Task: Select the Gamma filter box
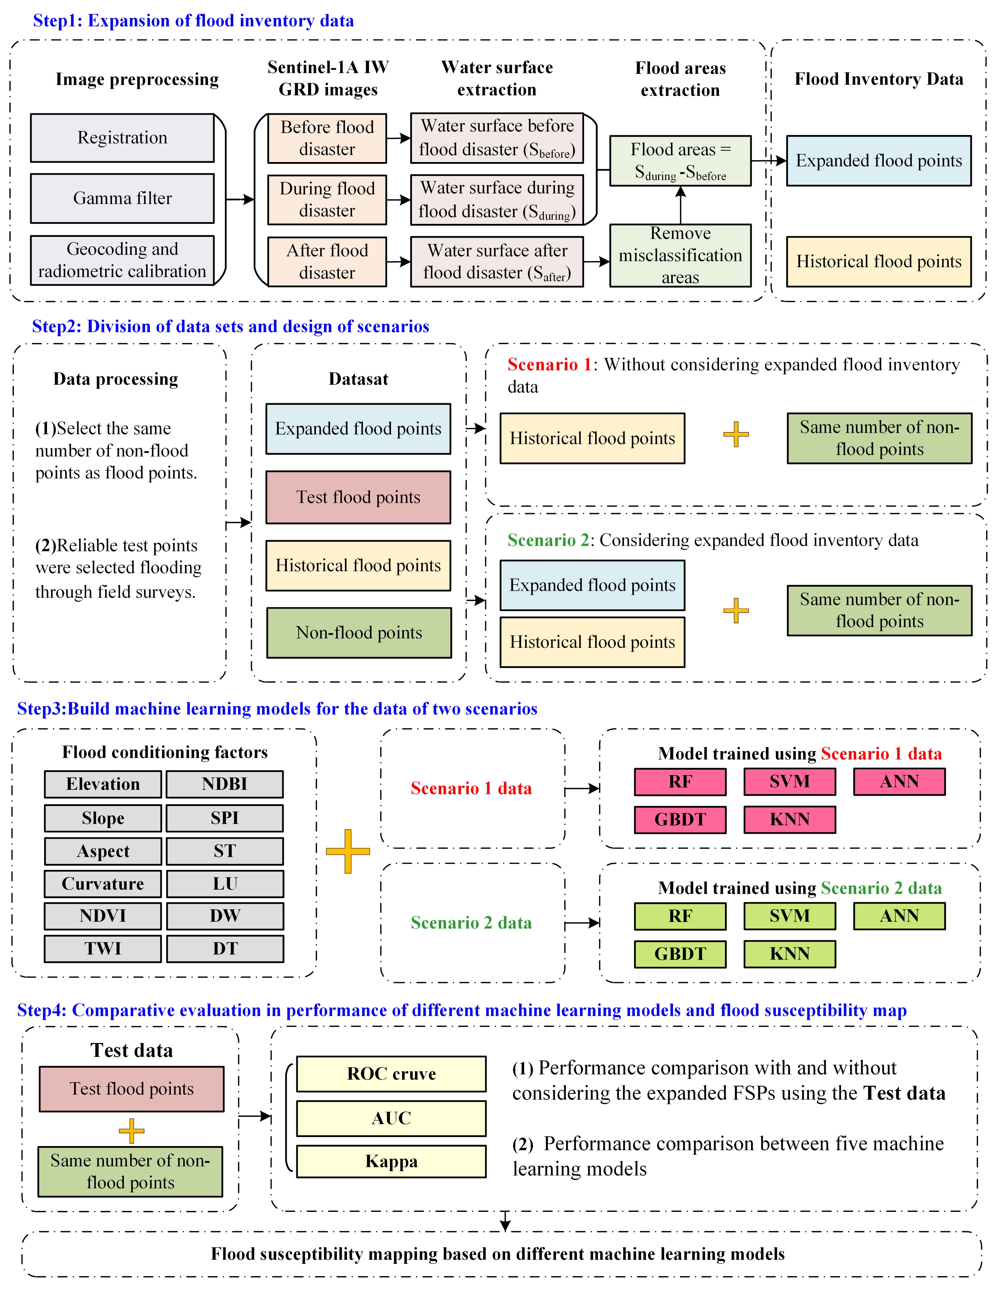pyautogui.click(x=122, y=199)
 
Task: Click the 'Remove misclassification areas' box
pyautogui.click(x=680, y=255)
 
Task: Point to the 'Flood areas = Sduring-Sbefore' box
pyautogui.click(x=680, y=161)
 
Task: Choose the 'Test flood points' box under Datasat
pyautogui.click(x=358, y=497)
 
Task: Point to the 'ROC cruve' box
pyautogui.click(x=391, y=1074)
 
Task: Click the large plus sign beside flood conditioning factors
pyautogui.click(x=348, y=851)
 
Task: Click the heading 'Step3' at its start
pyautogui.click(x=41, y=709)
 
